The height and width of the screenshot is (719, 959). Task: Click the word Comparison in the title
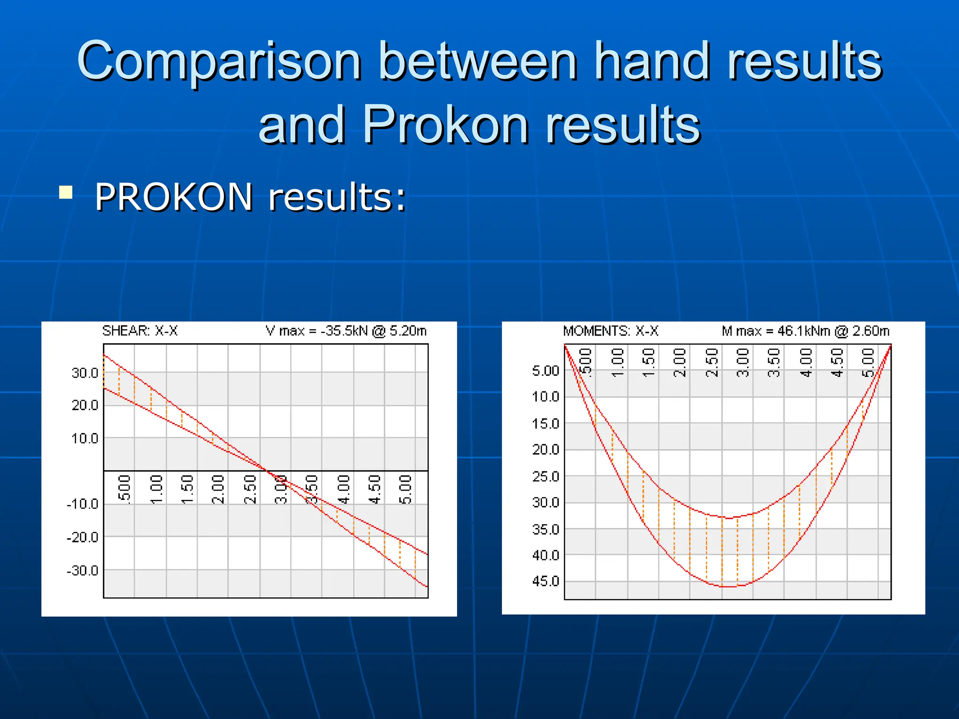pos(219,61)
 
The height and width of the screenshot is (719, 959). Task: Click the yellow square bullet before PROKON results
pos(66,192)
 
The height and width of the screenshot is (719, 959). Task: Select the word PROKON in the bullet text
pos(174,197)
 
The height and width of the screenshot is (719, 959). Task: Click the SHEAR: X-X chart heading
pos(140,331)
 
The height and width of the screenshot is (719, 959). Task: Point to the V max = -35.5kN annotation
pos(346,331)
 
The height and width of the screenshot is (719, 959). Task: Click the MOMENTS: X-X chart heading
pos(610,331)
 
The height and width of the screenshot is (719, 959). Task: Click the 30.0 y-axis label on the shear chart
pos(85,373)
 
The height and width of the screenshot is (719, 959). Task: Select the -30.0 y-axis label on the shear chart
pos(83,571)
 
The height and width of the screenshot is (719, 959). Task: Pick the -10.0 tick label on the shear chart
pos(83,504)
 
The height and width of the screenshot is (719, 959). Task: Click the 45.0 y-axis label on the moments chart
pos(546,581)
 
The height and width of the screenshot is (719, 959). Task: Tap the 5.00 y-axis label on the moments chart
pos(546,371)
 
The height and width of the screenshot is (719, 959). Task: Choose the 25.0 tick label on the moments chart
pos(546,477)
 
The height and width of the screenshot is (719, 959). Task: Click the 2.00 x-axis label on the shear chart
pos(218,489)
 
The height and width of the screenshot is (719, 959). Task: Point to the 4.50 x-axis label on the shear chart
pos(374,489)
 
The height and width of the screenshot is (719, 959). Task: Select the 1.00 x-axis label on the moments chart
pos(618,362)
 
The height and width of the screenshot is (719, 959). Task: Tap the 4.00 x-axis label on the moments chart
pos(805,362)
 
